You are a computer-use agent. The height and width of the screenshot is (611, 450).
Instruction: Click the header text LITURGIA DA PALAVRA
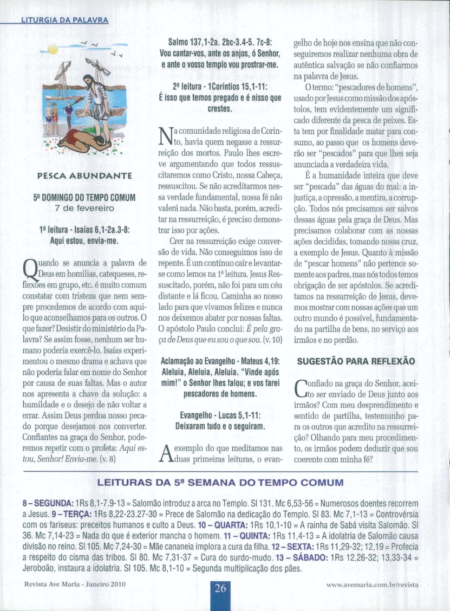64,21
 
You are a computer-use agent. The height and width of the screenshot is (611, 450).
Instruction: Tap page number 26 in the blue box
220,589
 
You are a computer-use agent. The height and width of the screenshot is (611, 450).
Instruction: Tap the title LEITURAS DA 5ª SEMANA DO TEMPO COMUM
220,482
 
